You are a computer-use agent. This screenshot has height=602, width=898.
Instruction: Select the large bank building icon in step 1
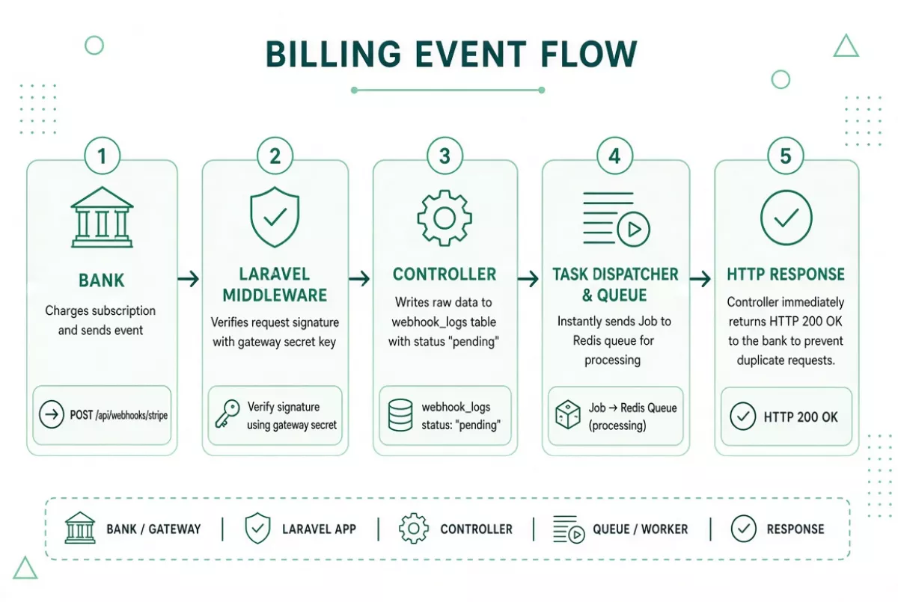(102, 217)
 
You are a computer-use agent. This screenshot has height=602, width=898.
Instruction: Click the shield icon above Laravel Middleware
(275, 217)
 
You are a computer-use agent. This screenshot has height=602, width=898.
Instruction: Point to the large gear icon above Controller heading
(445, 218)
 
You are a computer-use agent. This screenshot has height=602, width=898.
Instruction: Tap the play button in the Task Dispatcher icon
(633, 229)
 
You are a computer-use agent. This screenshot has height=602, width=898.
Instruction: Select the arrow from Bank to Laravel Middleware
(189, 279)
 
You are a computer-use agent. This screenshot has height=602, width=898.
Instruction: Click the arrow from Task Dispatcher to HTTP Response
(700, 279)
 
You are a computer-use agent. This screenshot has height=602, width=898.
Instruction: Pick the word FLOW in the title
(588, 54)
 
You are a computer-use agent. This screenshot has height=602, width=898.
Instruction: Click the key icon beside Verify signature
(227, 414)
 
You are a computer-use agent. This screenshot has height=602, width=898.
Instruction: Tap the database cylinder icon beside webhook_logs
(400, 415)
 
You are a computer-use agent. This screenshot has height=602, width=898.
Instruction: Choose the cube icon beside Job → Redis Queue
(568, 414)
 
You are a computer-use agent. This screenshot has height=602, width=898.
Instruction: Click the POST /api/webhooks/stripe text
(119, 415)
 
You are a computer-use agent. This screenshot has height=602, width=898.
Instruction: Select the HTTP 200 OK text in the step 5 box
(801, 417)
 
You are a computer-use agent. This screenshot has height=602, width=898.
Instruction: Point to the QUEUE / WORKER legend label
(641, 529)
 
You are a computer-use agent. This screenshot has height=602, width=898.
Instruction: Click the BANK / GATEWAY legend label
(153, 529)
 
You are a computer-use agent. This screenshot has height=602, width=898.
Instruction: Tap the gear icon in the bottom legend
(414, 529)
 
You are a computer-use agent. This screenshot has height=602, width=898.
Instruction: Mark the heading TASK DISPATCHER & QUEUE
(615, 285)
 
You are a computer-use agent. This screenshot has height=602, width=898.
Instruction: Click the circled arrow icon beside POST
(52, 414)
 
